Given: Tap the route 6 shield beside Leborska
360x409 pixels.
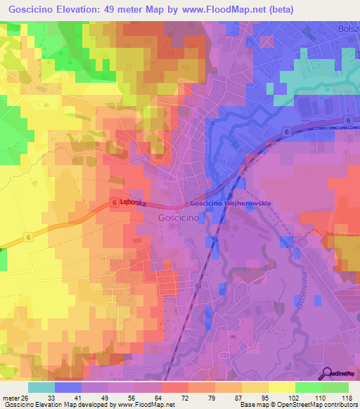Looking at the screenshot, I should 113,202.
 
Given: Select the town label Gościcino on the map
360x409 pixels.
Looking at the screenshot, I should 172,218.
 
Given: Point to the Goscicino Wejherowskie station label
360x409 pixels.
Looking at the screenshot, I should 230,203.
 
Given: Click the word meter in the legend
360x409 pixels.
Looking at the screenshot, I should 10,397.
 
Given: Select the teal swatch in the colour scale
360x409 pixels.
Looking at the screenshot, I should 41,387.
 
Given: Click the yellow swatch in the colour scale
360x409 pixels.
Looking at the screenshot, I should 282,387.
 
